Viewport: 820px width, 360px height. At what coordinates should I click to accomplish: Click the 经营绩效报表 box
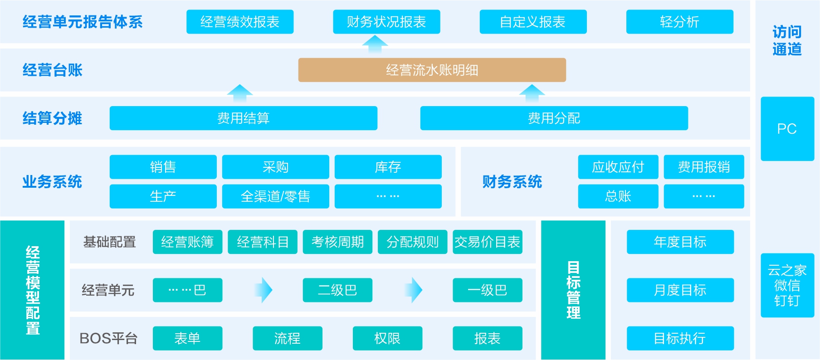click(240, 22)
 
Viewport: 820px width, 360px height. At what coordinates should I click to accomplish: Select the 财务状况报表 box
click(386, 22)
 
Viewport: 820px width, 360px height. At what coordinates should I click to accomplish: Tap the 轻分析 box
click(679, 22)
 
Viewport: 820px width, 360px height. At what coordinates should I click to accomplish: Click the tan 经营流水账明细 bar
click(432, 70)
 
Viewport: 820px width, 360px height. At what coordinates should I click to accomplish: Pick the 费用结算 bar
click(243, 118)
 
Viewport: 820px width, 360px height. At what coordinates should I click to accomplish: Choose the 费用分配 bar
click(554, 118)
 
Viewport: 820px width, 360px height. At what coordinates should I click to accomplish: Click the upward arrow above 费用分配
click(532, 92)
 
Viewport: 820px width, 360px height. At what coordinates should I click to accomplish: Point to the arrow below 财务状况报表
click(375, 44)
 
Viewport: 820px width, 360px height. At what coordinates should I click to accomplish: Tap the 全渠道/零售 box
click(275, 196)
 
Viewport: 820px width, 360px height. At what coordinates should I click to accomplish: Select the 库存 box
click(388, 167)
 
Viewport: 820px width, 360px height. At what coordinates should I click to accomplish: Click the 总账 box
click(618, 196)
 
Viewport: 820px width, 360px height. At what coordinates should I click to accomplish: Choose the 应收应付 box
click(618, 167)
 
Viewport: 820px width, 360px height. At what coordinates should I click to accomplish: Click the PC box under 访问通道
click(787, 129)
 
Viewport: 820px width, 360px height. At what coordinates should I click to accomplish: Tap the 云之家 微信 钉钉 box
click(787, 285)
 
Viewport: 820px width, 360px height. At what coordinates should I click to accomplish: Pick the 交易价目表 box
click(487, 242)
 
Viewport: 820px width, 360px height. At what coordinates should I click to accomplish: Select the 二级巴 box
click(337, 290)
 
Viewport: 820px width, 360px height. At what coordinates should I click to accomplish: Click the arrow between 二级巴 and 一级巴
click(413, 290)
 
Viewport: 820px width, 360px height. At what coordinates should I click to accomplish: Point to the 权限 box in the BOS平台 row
click(387, 338)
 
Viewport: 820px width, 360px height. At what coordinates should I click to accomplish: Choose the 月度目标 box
click(680, 290)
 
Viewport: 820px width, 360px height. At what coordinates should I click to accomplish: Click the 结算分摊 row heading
click(52, 118)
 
